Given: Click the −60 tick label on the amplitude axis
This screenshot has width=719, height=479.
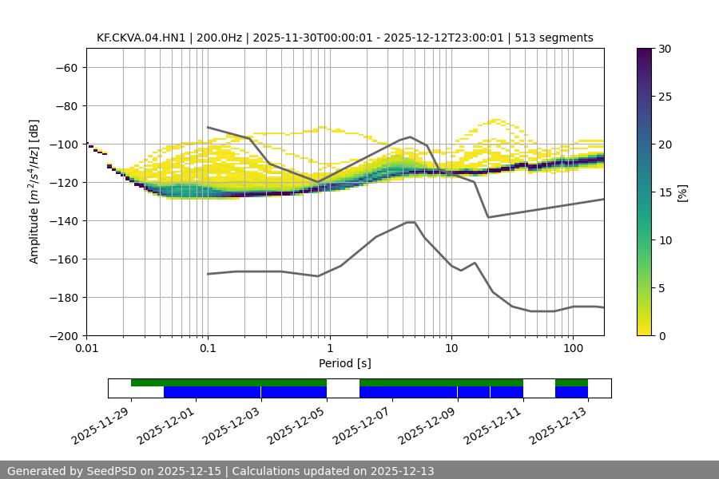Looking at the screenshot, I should [66, 67].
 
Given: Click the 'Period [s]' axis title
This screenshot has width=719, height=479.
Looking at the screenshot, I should [344, 363].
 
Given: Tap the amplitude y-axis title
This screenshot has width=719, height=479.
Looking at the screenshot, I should [34, 192].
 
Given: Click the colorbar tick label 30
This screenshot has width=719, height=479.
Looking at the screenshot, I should [665, 49].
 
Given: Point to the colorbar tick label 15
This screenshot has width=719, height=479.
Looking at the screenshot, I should [665, 192].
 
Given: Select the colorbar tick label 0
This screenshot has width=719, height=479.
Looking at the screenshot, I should [662, 335].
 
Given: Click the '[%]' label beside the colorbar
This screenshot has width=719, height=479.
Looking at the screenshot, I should [682, 192].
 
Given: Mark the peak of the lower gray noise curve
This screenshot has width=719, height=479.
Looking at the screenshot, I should [411, 222].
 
